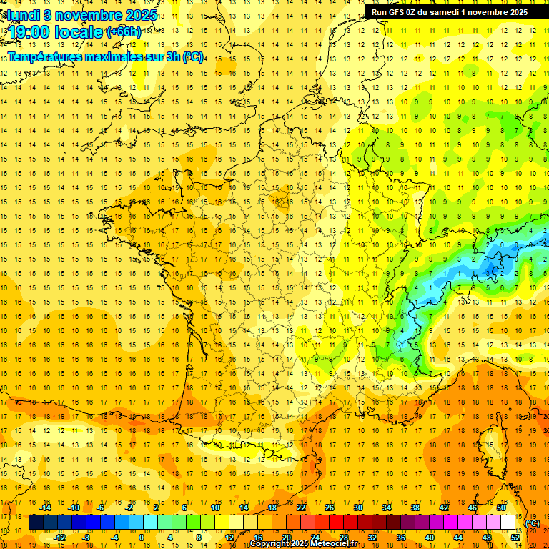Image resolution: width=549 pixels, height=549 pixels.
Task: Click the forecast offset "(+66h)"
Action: click(123, 32)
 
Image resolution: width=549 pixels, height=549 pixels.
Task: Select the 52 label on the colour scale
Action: click(515, 538)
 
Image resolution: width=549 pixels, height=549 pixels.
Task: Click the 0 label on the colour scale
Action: click(141, 538)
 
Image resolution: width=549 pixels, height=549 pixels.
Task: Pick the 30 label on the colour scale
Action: click(357, 507)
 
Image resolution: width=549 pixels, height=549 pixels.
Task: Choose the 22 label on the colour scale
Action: click(301, 507)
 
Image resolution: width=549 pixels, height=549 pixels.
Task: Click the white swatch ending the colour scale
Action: click(508, 523)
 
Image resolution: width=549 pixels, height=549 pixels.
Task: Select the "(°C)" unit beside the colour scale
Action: click(533, 523)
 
